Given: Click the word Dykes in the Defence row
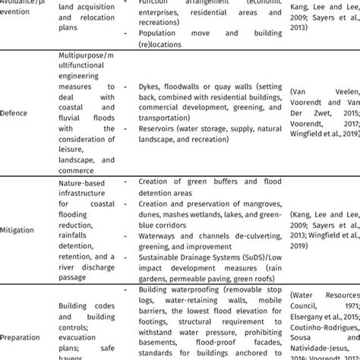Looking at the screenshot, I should [150, 86].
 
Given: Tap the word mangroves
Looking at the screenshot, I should [243, 204].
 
